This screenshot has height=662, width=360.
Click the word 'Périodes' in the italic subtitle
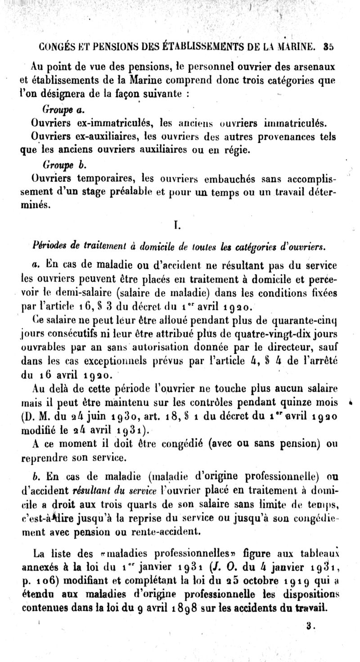point(49,246)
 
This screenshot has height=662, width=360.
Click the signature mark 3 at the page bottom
point(309,625)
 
